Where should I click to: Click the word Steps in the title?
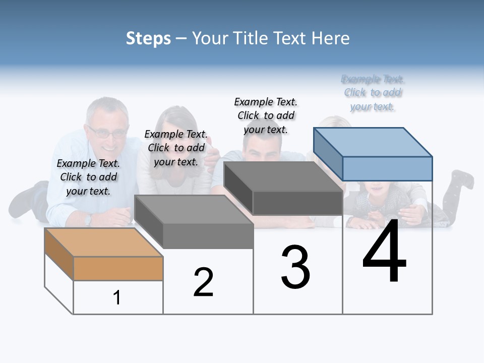click(x=148, y=38)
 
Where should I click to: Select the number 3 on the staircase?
click(x=295, y=267)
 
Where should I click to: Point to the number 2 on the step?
click(x=204, y=282)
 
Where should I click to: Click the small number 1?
click(x=117, y=298)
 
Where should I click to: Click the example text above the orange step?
click(x=88, y=177)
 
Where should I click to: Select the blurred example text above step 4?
click(x=373, y=93)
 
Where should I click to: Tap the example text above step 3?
click(x=266, y=115)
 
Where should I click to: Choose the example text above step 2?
click(x=176, y=148)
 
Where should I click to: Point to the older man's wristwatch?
click(x=88, y=220)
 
